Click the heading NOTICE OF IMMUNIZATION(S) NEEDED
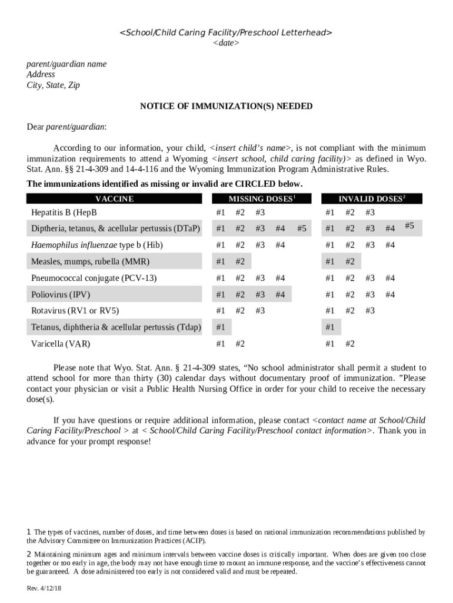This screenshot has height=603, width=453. pyautogui.click(x=226, y=107)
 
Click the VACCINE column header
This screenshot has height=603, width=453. pyautogui.click(x=114, y=199)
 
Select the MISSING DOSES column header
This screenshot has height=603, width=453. pyautogui.click(x=261, y=199)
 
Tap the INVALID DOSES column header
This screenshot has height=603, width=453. pyautogui.click(x=371, y=199)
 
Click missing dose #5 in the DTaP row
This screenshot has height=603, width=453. pyautogui.click(x=301, y=228)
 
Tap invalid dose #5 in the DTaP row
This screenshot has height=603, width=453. pyautogui.click(x=410, y=226)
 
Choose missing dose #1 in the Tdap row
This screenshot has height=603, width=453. pyautogui.click(x=221, y=327)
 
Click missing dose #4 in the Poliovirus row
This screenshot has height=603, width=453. pyautogui.click(x=280, y=294)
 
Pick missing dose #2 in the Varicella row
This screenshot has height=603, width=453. pyautogui.click(x=240, y=344)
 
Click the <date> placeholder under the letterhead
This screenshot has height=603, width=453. pyautogui.click(x=226, y=44)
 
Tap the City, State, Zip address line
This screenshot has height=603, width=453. pyautogui.click(x=54, y=85)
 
